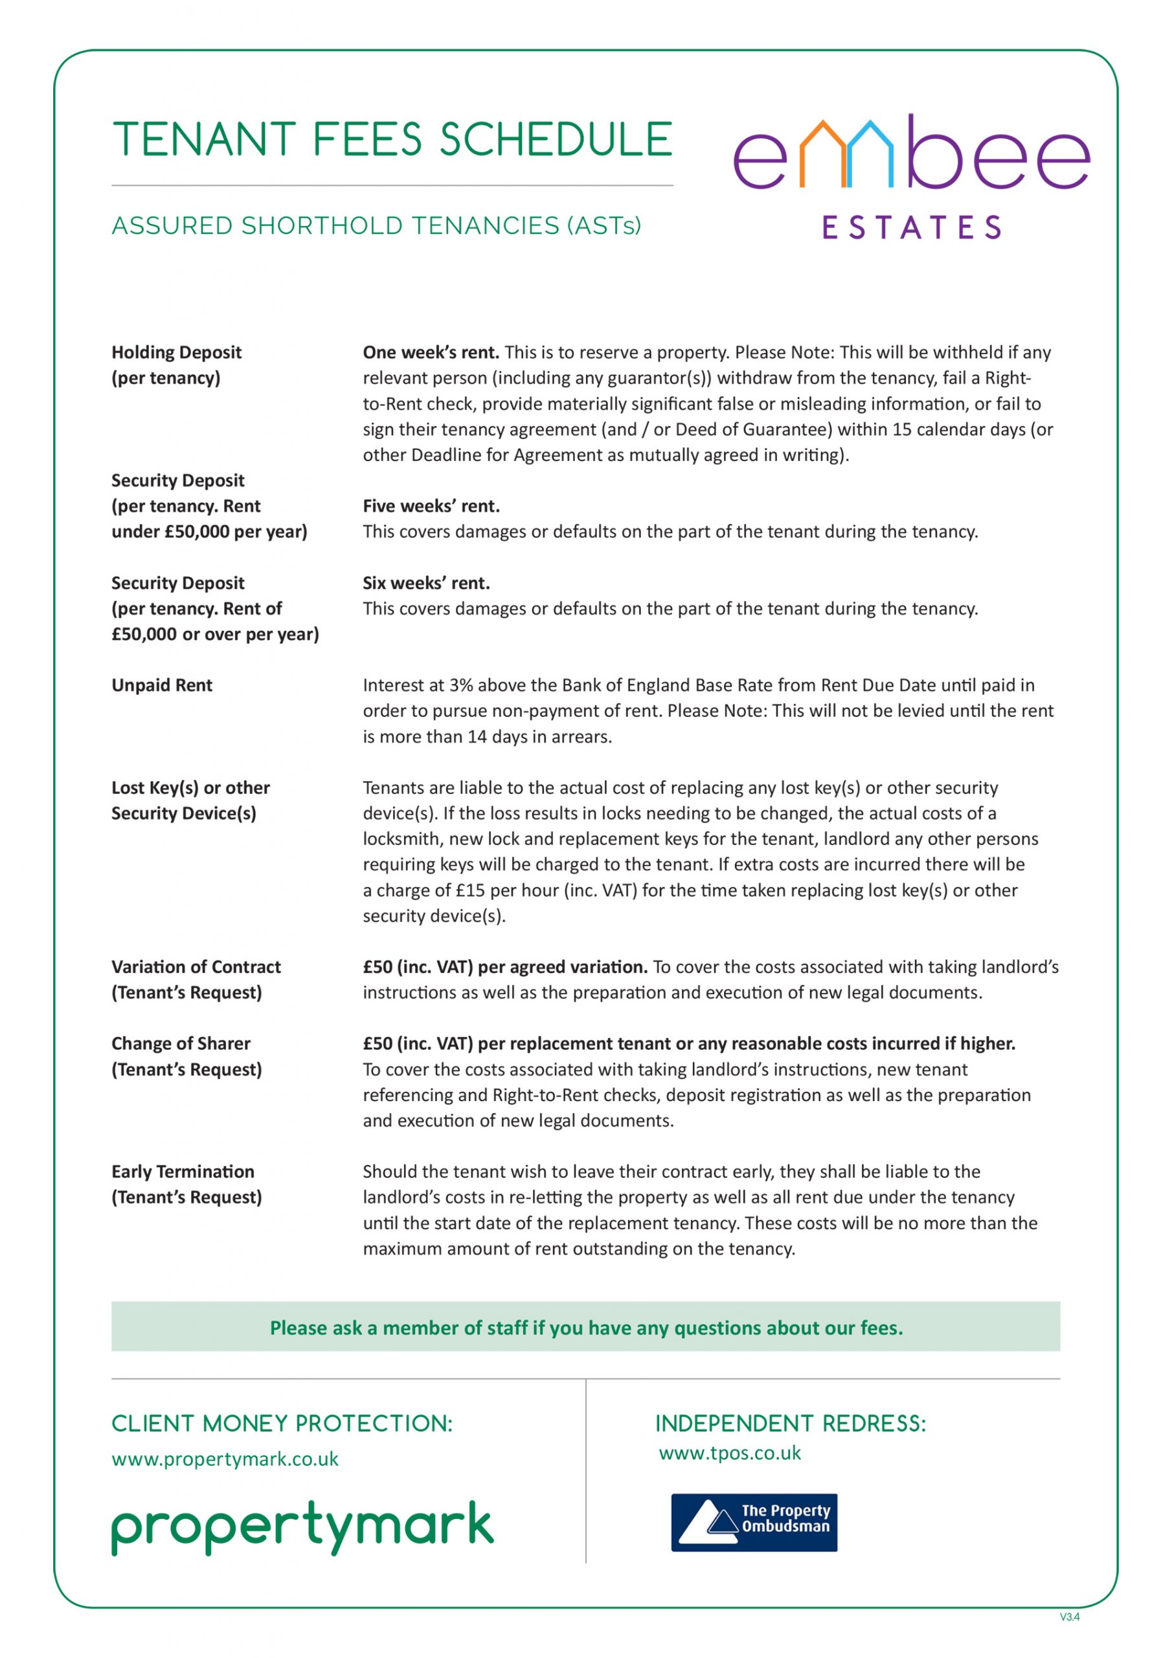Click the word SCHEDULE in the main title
556,139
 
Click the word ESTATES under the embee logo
911,227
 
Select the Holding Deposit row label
176,352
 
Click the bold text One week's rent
431,352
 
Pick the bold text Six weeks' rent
426,583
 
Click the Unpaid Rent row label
162,685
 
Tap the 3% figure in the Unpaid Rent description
461,685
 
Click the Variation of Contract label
196,966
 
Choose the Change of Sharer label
181,1043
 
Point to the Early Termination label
183,1172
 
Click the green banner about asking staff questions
585,1327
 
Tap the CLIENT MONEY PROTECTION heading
282,1424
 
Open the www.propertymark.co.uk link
225,1459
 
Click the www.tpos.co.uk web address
729,1453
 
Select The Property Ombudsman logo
754,1522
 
